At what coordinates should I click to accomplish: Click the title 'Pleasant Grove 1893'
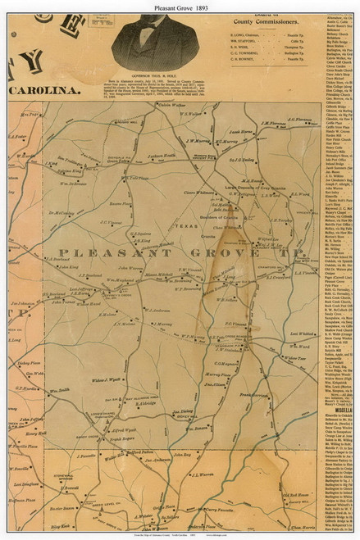(x=180, y=7)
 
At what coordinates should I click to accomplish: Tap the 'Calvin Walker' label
(x=171, y=106)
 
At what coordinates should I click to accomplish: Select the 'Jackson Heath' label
(x=162, y=156)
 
